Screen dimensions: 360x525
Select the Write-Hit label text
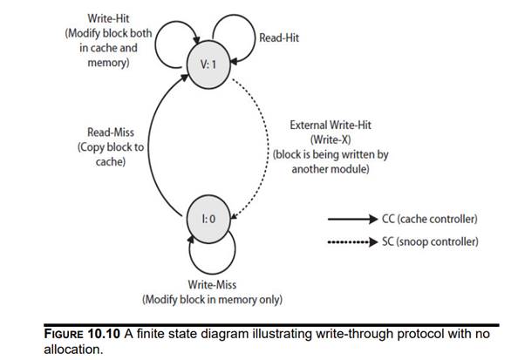tap(110, 18)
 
